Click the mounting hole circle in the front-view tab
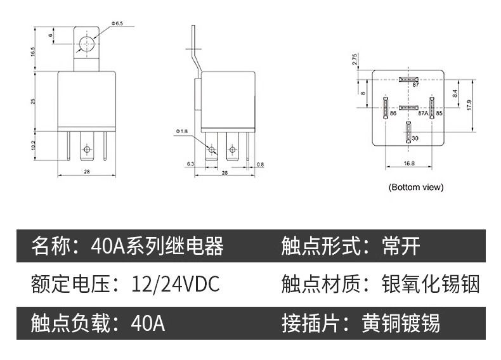tap(86, 44)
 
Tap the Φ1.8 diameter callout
tap(182, 131)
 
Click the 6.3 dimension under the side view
tap(190, 164)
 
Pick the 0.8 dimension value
tap(260, 164)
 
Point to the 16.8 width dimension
tap(408, 164)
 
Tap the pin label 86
tap(393, 113)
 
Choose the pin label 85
tap(439, 113)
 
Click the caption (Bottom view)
tap(415, 187)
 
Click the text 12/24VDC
tap(176, 284)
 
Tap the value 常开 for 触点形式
tap(401, 245)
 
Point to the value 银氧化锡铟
tap(431, 284)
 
